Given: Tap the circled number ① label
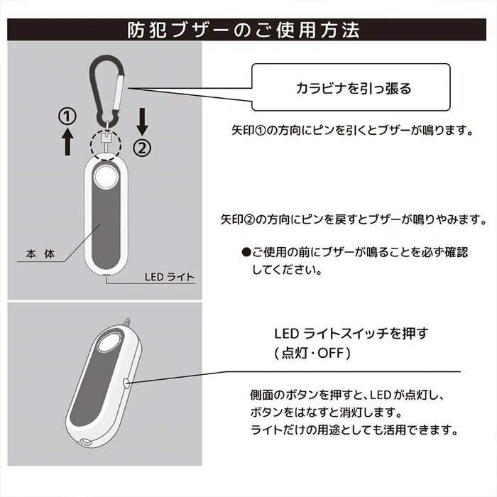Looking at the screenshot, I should click(x=67, y=115).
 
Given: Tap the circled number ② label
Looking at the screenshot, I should click(x=142, y=148).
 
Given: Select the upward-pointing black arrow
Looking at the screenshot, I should click(x=67, y=142).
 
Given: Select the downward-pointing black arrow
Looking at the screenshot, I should click(x=142, y=121).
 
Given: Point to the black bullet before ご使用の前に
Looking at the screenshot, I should click(x=246, y=252).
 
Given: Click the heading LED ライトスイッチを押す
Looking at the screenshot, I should click(x=352, y=332).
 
